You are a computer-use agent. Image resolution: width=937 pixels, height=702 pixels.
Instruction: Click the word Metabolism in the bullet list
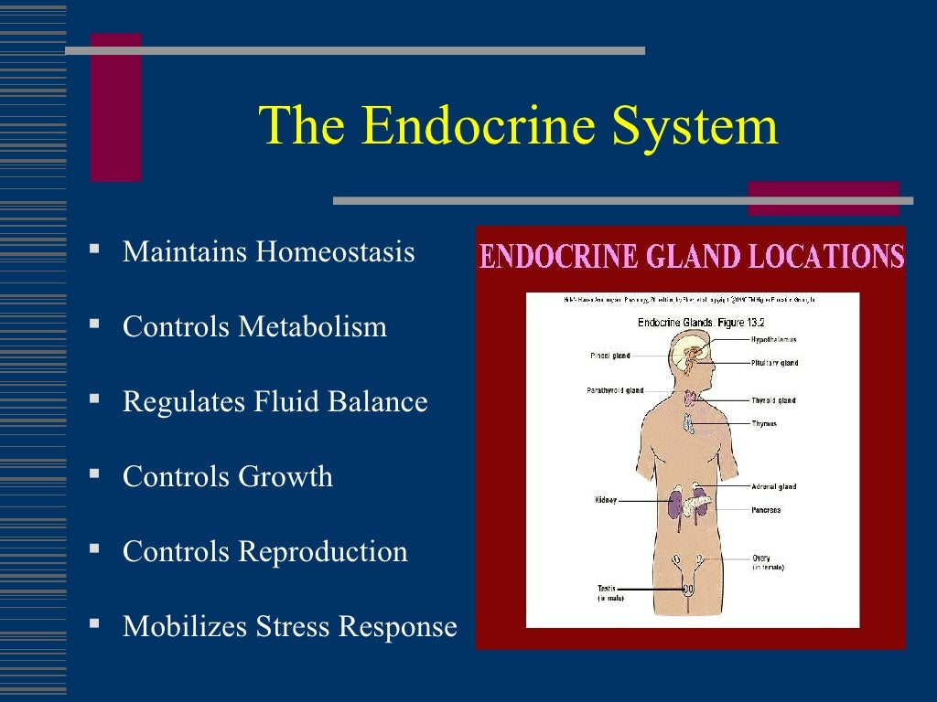tap(313, 326)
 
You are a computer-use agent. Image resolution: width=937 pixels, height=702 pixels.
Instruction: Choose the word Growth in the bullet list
tap(285, 476)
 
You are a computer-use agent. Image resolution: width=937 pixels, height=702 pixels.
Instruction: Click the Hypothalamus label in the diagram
tap(773, 339)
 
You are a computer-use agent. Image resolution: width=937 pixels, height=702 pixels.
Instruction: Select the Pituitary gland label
tap(775, 363)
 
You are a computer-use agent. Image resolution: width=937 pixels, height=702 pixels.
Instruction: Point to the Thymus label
tap(764, 423)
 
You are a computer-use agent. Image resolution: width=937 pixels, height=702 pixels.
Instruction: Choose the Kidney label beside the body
tap(606, 500)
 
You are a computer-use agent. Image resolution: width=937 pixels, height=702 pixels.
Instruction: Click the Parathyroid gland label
tap(615, 390)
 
